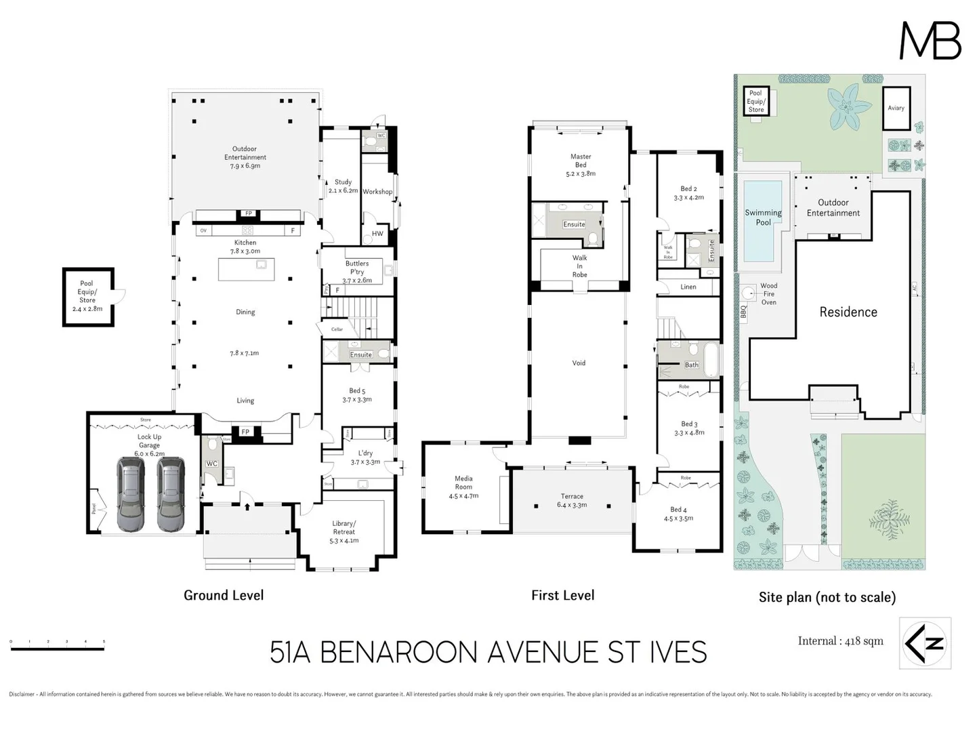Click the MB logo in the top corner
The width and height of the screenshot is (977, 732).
click(x=930, y=41)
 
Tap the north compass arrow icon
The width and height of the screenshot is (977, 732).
click(x=925, y=643)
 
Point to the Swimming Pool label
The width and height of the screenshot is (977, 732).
click(x=763, y=218)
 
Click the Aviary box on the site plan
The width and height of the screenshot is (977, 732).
click(x=896, y=108)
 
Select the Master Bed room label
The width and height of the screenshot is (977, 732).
click(x=581, y=165)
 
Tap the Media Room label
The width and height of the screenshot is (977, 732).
click(x=463, y=487)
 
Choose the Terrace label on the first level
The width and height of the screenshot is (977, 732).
click(x=572, y=500)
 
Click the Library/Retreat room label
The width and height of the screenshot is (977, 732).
click(x=344, y=532)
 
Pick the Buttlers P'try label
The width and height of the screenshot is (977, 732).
click(x=357, y=272)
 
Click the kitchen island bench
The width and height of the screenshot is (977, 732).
click(x=246, y=269)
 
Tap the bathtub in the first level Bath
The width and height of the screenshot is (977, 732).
click(x=711, y=360)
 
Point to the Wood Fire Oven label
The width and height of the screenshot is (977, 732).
click(x=768, y=294)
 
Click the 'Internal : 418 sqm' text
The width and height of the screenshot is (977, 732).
click(x=840, y=641)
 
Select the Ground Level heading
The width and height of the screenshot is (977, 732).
click(x=224, y=595)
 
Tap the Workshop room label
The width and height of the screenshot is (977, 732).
click(x=377, y=192)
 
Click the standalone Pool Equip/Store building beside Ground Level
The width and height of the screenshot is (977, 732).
click(x=87, y=297)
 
